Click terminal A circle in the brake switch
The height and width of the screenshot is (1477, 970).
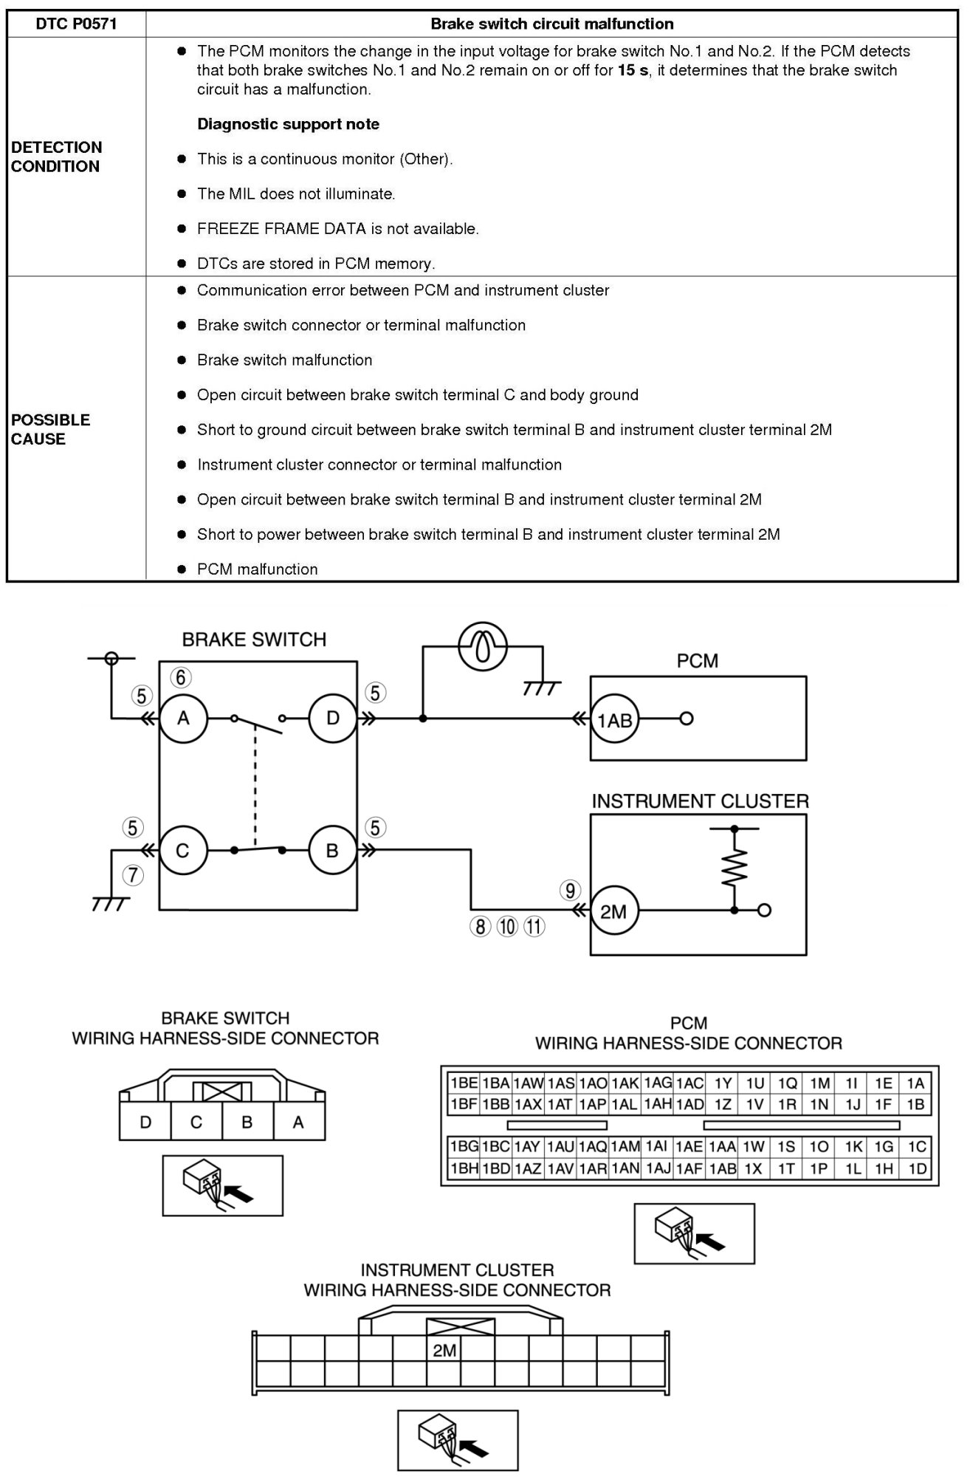point(184,717)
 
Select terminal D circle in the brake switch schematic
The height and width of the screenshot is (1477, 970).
point(333,717)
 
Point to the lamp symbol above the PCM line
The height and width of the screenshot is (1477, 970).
point(483,648)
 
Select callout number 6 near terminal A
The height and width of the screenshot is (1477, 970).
point(181,677)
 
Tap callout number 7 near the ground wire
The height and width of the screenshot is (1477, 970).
point(133,875)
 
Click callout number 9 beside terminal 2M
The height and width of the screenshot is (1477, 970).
point(570,891)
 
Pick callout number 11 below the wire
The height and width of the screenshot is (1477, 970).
point(534,926)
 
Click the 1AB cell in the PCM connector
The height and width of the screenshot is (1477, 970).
point(723,1169)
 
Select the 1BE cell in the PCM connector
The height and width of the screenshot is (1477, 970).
point(464,1083)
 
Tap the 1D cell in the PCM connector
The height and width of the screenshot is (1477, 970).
point(916,1169)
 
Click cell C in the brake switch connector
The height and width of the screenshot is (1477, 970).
point(196,1123)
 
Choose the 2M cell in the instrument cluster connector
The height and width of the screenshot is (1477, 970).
point(444,1350)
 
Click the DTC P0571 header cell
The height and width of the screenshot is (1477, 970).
point(77,24)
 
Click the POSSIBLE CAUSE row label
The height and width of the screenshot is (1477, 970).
point(50,429)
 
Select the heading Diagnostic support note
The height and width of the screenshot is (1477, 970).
point(288,124)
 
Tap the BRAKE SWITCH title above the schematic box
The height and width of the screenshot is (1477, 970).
point(254,640)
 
